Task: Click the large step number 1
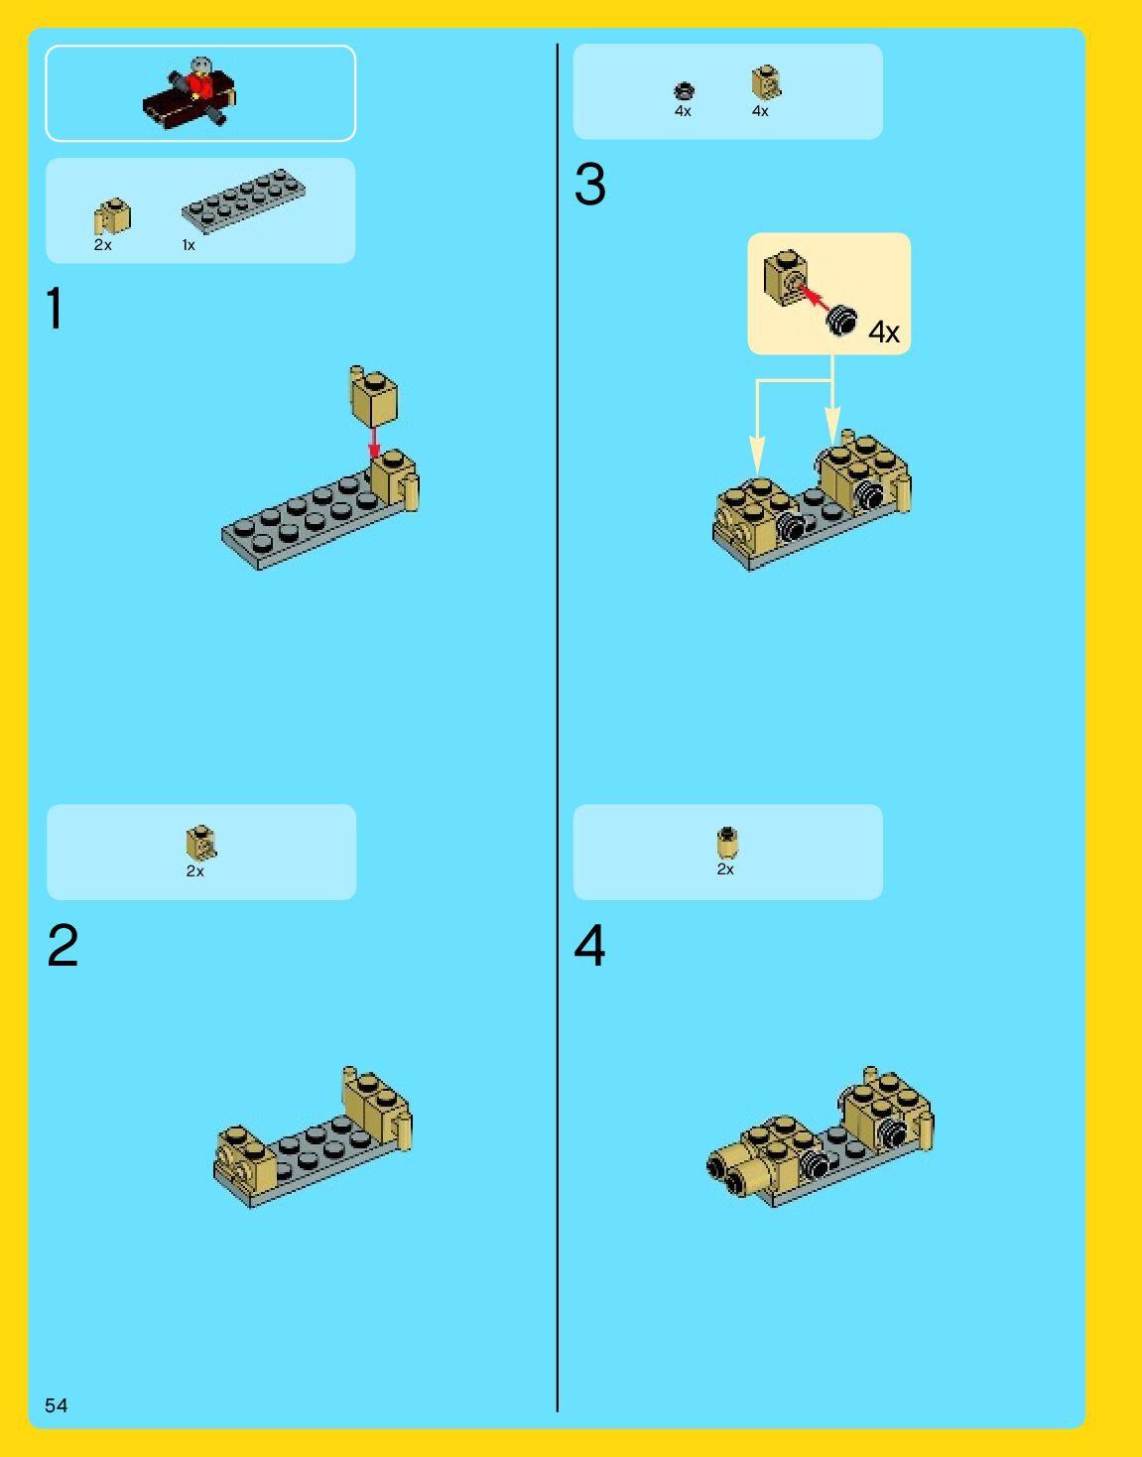click(x=55, y=308)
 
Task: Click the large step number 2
click(x=63, y=945)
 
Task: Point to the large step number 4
click(x=589, y=945)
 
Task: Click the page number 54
click(x=57, y=1404)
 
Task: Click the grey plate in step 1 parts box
click(x=243, y=201)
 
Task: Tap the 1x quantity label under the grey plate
click(x=189, y=245)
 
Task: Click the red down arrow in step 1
click(x=374, y=444)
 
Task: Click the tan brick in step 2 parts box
click(x=201, y=843)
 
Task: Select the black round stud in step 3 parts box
click(x=684, y=90)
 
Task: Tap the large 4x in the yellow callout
click(x=884, y=331)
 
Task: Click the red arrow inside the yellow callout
click(x=815, y=297)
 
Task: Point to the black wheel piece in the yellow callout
click(x=841, y=321)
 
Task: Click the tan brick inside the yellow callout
click(x=786, y=277)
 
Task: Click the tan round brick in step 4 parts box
click(x=727, y=843)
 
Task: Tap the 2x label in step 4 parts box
click(x=725, y=869)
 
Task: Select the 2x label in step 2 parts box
click(x=195, y=871)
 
